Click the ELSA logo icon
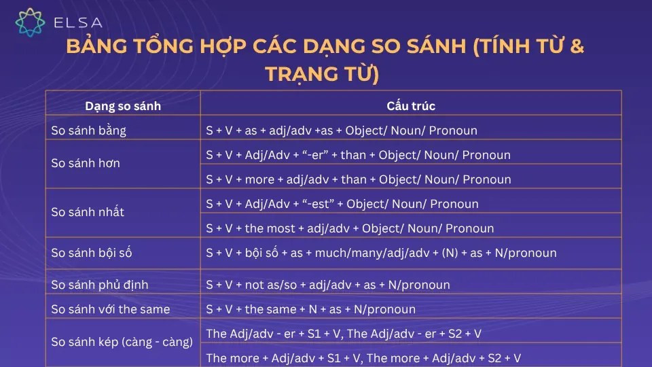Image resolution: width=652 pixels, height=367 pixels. coord(30,22)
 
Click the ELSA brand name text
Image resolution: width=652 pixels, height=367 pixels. coord(77,23)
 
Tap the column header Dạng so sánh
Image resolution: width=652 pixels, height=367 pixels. coord(123,106)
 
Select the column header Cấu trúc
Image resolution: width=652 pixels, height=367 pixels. coord(411,106)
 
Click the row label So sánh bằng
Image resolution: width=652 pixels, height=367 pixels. coord(89,130)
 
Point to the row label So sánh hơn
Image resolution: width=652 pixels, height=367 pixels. coord(86,163)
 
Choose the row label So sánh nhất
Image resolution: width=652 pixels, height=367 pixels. coord(88,212)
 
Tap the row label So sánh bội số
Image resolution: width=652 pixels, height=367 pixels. coord(92,253)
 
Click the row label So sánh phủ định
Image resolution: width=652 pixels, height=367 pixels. coord(99,285)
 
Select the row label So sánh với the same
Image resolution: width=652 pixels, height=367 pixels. coord(111,309)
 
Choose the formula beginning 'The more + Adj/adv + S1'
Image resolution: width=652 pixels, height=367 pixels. coord(363,357)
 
